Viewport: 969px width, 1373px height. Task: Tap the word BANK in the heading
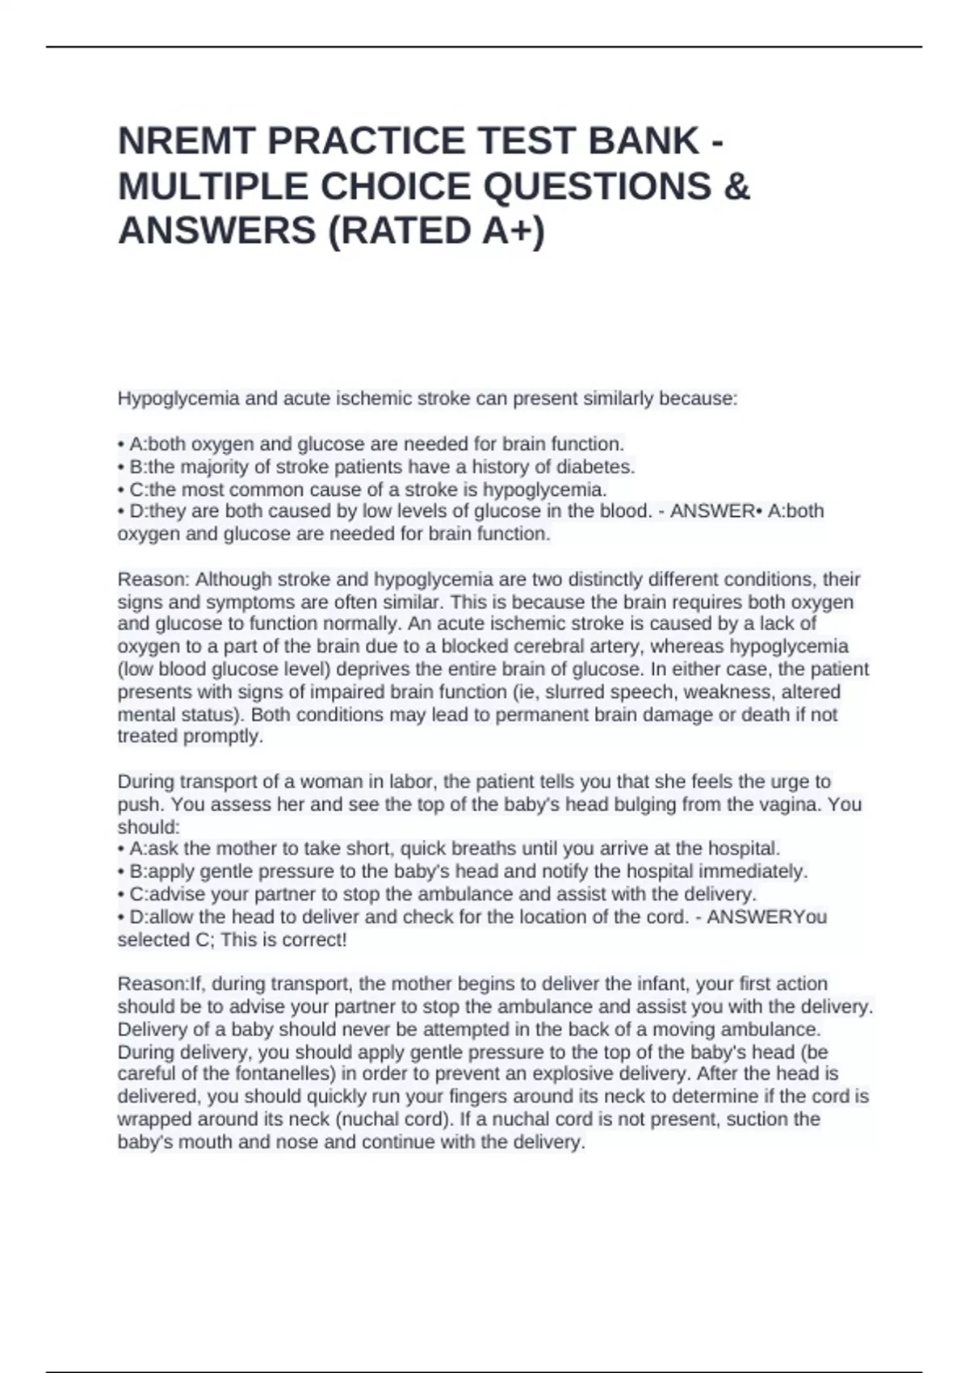[x=644, y=141]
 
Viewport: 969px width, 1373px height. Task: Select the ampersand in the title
[x=738, y=187]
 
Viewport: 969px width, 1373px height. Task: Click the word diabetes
[x=596, y=467]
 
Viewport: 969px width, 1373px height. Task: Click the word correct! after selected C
[x=313, y=940]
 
